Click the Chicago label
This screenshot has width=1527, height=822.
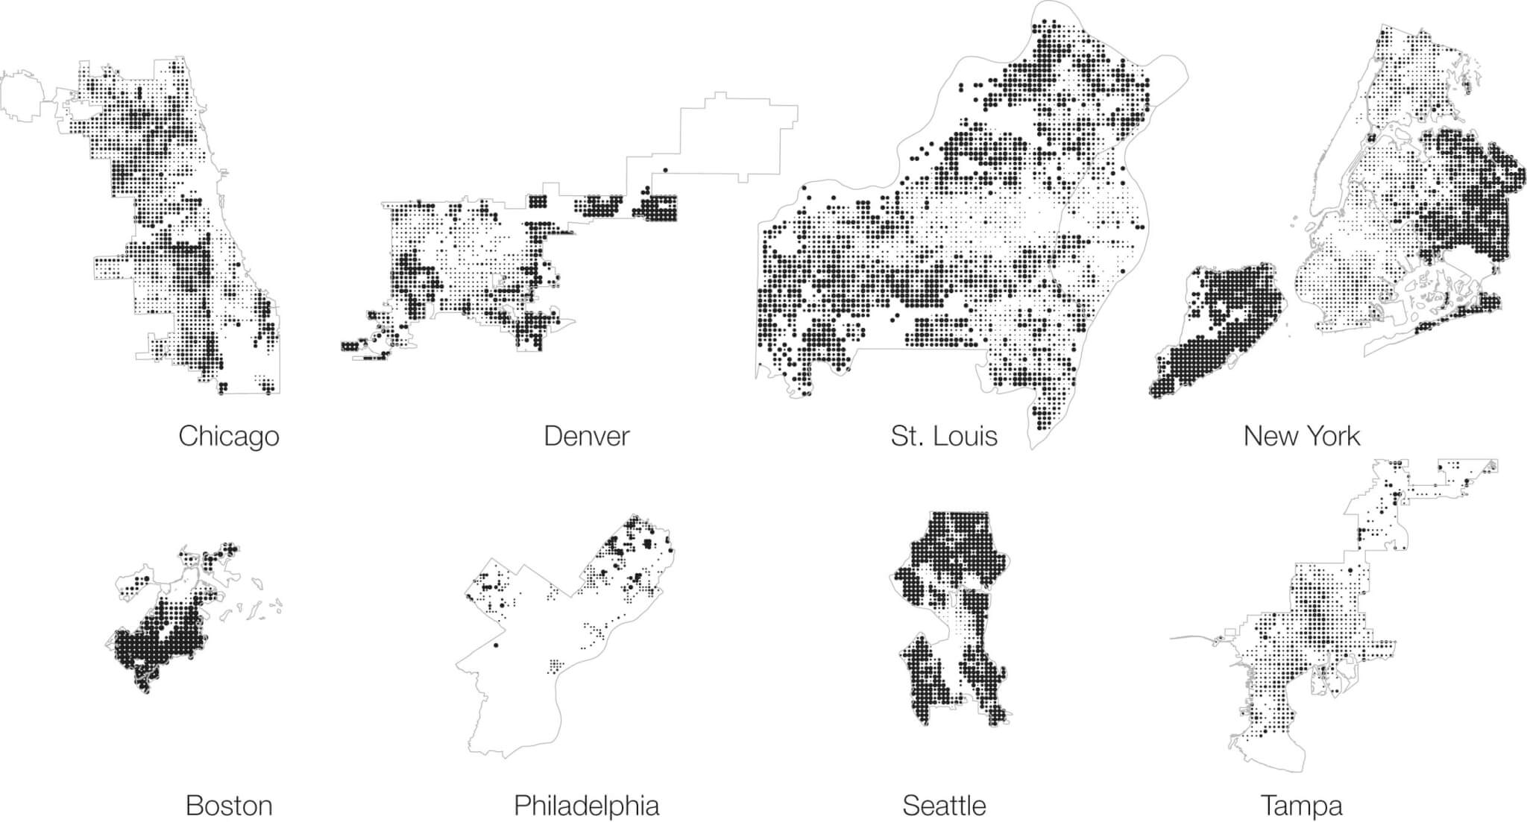click(228, 436)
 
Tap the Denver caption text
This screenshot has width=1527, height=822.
click(586, 436)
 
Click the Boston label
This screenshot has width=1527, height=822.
click(228, 806)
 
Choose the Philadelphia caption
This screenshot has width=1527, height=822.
click(586, 806)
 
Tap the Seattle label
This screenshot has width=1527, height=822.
click(944, 806)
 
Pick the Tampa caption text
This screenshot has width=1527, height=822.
click(1301, 806)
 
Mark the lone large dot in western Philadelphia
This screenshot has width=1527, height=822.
click(496, 645)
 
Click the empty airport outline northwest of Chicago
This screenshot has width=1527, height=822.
click(26, 95)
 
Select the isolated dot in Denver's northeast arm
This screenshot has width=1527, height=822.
click(664, 170)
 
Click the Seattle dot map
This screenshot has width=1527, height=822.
click(951, 619)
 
